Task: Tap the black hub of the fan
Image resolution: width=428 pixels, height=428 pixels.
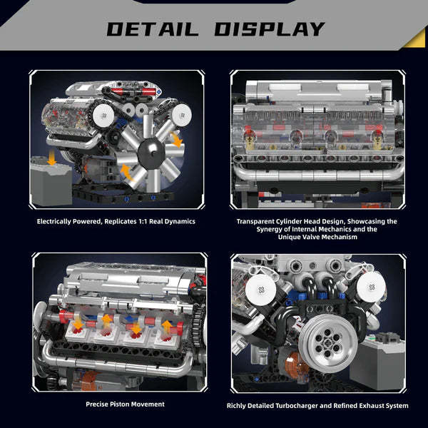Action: pyautogui.click(x=151, y=149)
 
